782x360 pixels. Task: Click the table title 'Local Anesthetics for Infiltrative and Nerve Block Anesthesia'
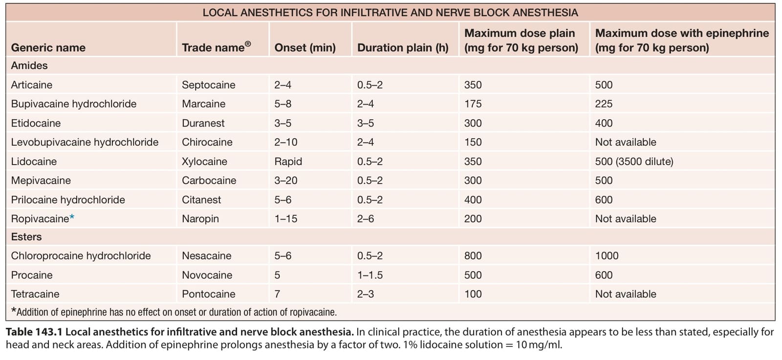tap(390, 13)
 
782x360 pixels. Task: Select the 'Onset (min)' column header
tap(305, 47)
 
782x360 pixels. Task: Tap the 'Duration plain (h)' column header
tap(403, 47)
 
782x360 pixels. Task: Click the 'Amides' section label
tap(29, 65)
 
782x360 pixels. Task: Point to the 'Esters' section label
tap(26, 237)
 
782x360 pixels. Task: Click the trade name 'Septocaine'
tap(208, 85)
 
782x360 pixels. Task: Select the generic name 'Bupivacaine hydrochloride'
tap(74, 104)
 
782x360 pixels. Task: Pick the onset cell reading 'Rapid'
tap(288, 162)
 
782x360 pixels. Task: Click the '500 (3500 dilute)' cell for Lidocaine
tap(634, 162)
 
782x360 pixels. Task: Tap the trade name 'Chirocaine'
tap(207, 142)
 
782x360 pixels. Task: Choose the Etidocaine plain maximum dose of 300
tap(473, 123)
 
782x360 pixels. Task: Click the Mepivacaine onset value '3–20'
tap(285, 180)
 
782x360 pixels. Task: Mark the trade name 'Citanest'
tap(201, 200)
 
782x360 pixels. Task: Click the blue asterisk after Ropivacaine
tap(72, 217)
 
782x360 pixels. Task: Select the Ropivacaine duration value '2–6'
tap(366, 219)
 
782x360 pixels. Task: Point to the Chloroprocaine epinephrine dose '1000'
tap(607, 255)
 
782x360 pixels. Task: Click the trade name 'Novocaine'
tap(207, 275)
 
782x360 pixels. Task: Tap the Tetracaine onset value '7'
tap(277, 294)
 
